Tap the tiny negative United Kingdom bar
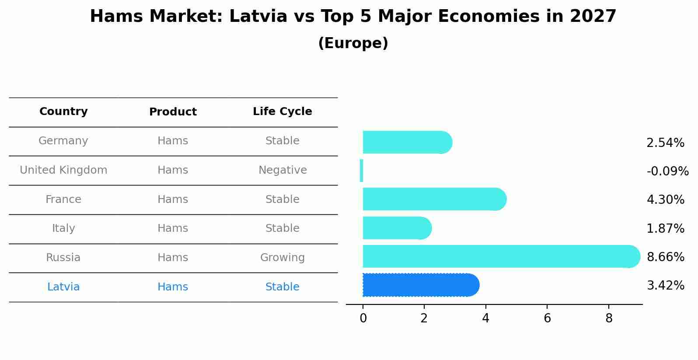[361, 171]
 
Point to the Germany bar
[407, 143]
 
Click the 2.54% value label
[665, 143]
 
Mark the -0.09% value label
[667, 171]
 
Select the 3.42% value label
[665, 286]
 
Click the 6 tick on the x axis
[547, 318]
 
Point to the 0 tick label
[363, 318]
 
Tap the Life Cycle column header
[282, 112]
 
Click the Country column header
[63, 112]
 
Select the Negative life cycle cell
[283, 170]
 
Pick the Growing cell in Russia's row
[283, 258]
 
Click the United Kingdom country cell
[63, 170]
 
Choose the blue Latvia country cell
[63, 287]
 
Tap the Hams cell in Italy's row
[173, 228]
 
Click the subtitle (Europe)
[353, 43]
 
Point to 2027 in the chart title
[593, 17]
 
